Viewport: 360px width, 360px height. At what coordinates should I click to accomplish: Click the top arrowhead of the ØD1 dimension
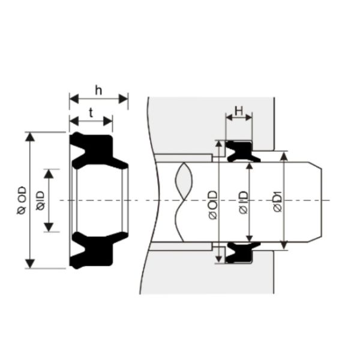284,155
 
